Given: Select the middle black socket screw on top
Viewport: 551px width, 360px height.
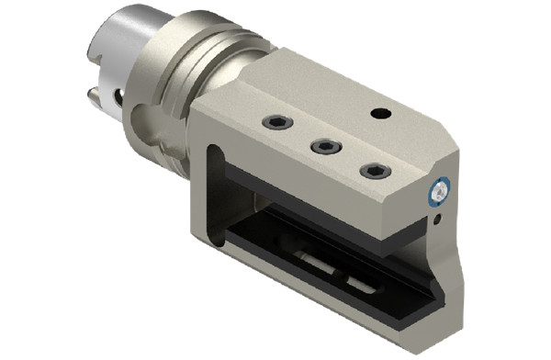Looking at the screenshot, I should (x=322, y=146).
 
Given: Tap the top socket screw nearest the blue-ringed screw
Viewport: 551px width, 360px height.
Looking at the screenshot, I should (x=374, y=171).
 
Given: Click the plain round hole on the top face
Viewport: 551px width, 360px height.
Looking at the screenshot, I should (x=378, y=113).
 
